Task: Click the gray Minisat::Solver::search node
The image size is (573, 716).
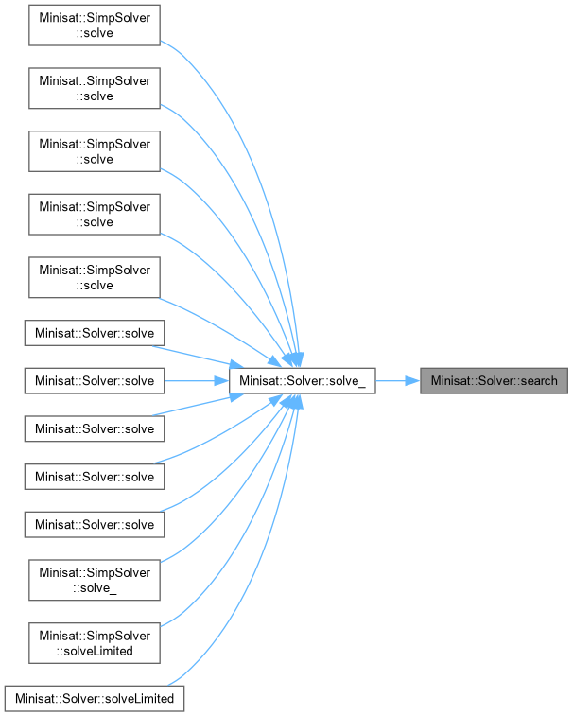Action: click(x=495, y=381)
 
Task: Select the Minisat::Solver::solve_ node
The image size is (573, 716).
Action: click(x=303, y=381)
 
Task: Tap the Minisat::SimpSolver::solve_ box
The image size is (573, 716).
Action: click(x=94, y=580)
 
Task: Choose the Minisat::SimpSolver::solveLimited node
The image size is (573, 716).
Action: click(x=94, y=643)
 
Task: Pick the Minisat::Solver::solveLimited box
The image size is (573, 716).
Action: click(x=94, y=698)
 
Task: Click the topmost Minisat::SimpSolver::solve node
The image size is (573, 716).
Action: click(x=94, y=25)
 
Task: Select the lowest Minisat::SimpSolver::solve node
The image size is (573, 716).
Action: click(x=94, y=277)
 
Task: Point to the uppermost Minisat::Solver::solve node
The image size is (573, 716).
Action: click(x=94, y=333)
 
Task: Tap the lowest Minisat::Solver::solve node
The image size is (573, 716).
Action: click(x=94, y=524)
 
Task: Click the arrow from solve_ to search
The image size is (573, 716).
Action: click(x=397, y=381)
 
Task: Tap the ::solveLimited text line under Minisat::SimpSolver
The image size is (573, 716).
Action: click(x=94, y=651)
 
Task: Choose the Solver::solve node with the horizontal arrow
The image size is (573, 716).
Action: click(x=94, y=381)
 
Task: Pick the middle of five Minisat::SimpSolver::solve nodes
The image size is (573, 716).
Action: click(x=94, y=151)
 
